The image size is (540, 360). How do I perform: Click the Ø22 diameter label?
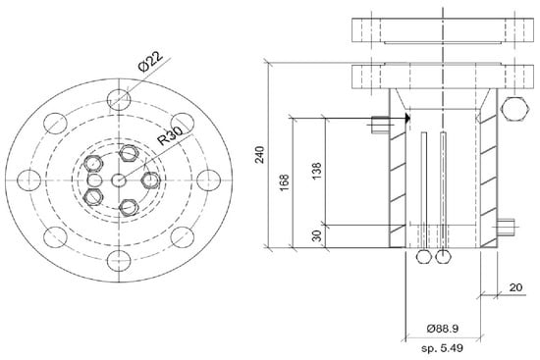pos(150,61)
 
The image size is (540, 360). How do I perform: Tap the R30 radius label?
pos(170,134)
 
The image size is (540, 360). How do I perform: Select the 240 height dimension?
pos(259,155)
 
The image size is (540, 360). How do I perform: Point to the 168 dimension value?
pos(284,183)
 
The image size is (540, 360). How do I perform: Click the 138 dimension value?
pos(316,171)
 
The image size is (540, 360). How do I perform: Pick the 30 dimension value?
pos(316,235)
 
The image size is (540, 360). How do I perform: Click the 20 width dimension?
pos(515,287)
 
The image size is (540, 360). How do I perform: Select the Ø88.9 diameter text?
pos(443,329)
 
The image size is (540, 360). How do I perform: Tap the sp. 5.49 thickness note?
pos(442,348)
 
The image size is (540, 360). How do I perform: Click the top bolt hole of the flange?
pos(119,100)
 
